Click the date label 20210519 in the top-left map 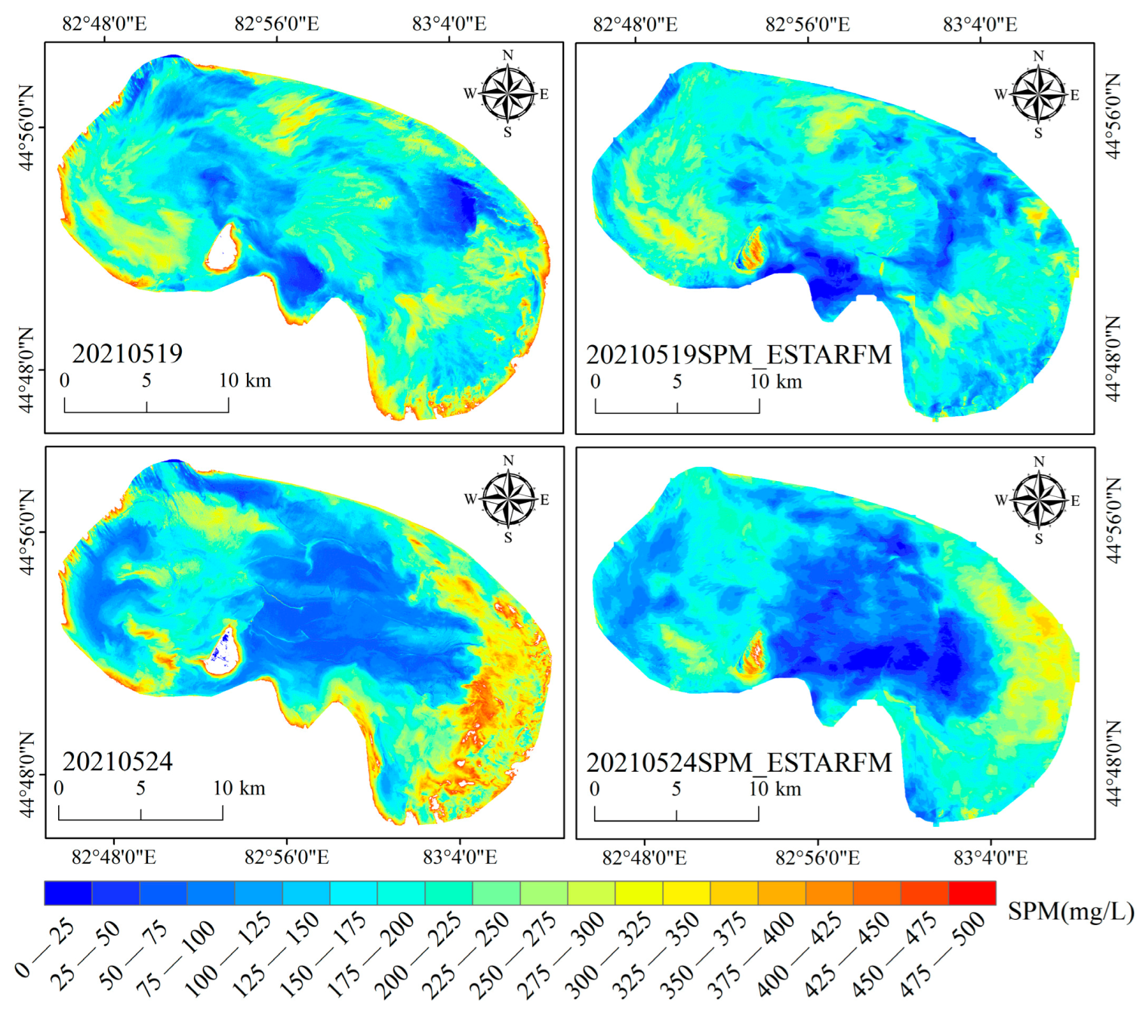point(127,353)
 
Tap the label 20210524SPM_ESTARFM point(739,763)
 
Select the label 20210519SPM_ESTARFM point(739,355)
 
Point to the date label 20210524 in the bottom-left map point(117,761)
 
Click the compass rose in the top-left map point(508,94)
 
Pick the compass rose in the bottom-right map point(1040,500)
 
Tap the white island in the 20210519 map point(221,250)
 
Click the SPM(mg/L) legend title point(1071,912)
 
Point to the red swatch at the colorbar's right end point(972,893)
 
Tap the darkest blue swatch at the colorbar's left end point(68,893)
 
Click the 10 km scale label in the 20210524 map point(239,788)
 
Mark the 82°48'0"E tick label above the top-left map point(104,23)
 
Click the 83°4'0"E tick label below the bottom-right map point(990,858)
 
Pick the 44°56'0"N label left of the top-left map point(26,128)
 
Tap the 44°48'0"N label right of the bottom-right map point(1114,764)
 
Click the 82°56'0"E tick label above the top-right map point(807,24)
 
